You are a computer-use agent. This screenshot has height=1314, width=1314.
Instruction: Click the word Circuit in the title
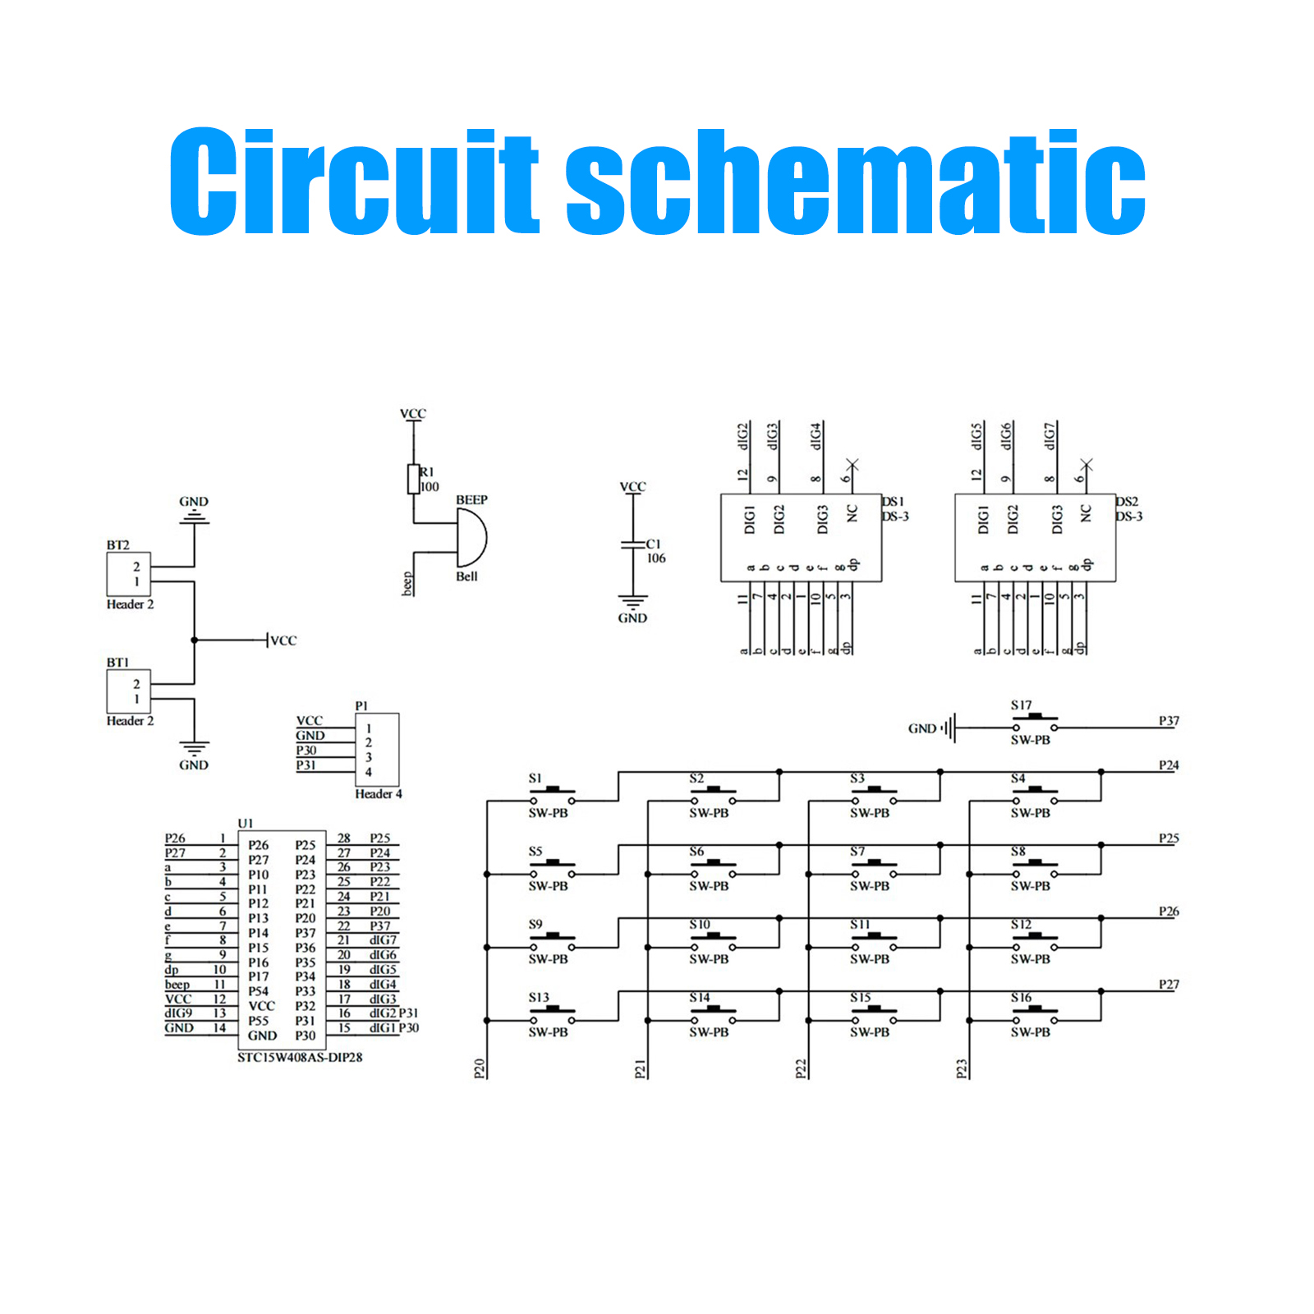[x=354, y=182]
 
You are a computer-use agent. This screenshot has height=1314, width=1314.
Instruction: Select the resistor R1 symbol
[x=413, y=479]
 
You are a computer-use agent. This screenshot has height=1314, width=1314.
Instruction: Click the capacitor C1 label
[x=653, y=544]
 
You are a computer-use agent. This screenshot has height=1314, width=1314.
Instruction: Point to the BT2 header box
[x=128, y=574]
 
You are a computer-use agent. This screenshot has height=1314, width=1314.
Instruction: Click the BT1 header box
[x=128, y=691]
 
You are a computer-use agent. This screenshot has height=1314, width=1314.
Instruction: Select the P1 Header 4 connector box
[x=377, y=750]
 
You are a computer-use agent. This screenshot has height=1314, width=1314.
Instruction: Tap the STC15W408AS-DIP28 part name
[x=300, y=1057]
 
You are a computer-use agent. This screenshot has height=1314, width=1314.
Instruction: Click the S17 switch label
[x=1021, y=705]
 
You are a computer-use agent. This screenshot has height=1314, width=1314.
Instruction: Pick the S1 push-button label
[x=535, y=779]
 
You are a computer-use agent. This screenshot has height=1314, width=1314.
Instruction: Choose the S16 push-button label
[x=1021, y=998]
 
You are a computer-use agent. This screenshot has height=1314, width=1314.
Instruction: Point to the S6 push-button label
[x=696, y=852]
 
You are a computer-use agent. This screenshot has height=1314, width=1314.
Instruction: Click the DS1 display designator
[x=893, y=501]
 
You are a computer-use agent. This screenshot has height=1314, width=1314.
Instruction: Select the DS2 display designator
[x=1127, y=501]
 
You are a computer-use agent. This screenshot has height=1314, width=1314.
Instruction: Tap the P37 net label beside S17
[x=1169, y=721]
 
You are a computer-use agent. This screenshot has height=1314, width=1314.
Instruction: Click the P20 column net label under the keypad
[x=480, y=1068]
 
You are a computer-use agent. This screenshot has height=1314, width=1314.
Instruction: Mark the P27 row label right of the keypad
[x=1169, y=984]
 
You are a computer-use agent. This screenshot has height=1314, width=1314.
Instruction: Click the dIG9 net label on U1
[x=178, y=1013]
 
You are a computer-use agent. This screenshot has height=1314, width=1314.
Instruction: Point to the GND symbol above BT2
[x=194, y=516]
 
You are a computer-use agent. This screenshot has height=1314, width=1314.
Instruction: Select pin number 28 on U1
[x=344, y=838]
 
